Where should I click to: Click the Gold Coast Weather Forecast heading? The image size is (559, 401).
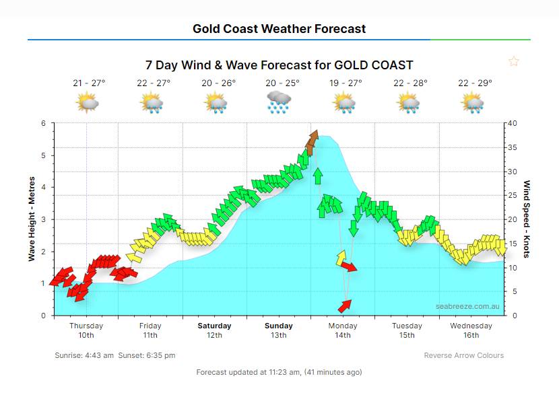pyautogui.click(x=279, y=28)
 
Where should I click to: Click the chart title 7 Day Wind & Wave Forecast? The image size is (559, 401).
pyautogui.click(x=279, y=65)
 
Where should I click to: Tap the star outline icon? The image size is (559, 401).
pyautogui.click(x=514, y=62)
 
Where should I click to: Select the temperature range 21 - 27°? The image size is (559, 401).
pyautogui.click(x=89, y=83)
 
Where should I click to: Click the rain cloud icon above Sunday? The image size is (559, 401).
pyautogui.click(x=279, y=102)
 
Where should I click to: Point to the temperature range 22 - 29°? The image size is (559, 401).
pyautogui.click(x=475, y=83)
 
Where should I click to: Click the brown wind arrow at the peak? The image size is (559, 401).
pyautogui.click(x=312, y=141)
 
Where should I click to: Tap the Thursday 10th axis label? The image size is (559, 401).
pyautogui.click(x=86, y=330)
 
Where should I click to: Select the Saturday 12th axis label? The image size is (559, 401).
pyautogui.click(x=214, y=330)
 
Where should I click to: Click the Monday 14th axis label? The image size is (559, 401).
pyautogui.click(x=343, y=330)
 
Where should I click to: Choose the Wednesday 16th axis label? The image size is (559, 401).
pyautogui.click(x=471, y=330)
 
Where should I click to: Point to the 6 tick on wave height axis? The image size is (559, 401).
pyautogui.click(x=43, y=123)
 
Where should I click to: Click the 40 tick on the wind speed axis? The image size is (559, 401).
pyautogui.click(x=513, y=123)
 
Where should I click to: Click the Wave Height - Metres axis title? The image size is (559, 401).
pyautogui.click(x=32, y=219)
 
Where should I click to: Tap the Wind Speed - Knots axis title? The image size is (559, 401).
pyautogui.click(x=527, y=219)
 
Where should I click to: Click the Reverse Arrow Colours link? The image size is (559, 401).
pyautogui.click(x=463, y=355)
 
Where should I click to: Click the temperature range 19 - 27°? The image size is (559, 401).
pyautogui.click(x=346, y=83)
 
